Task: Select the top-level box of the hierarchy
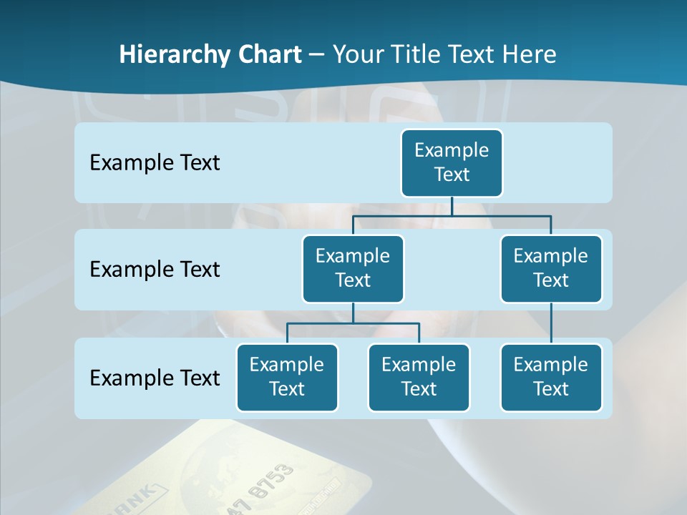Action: click(452, 162)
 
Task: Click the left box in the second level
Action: click(353, 268)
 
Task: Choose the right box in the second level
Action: click(551, 268)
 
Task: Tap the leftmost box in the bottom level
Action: click(287, 377)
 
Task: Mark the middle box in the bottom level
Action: click(419, 377)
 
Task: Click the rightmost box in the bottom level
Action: click(551, 377)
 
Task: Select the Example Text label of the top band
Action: click(155, 162)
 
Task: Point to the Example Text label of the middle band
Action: click(155, 269)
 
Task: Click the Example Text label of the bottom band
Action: click(155, 378)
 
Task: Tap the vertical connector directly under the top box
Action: click(452, 206)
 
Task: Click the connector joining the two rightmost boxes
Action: click(551, 323)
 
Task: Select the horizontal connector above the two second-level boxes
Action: click(452, 215)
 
